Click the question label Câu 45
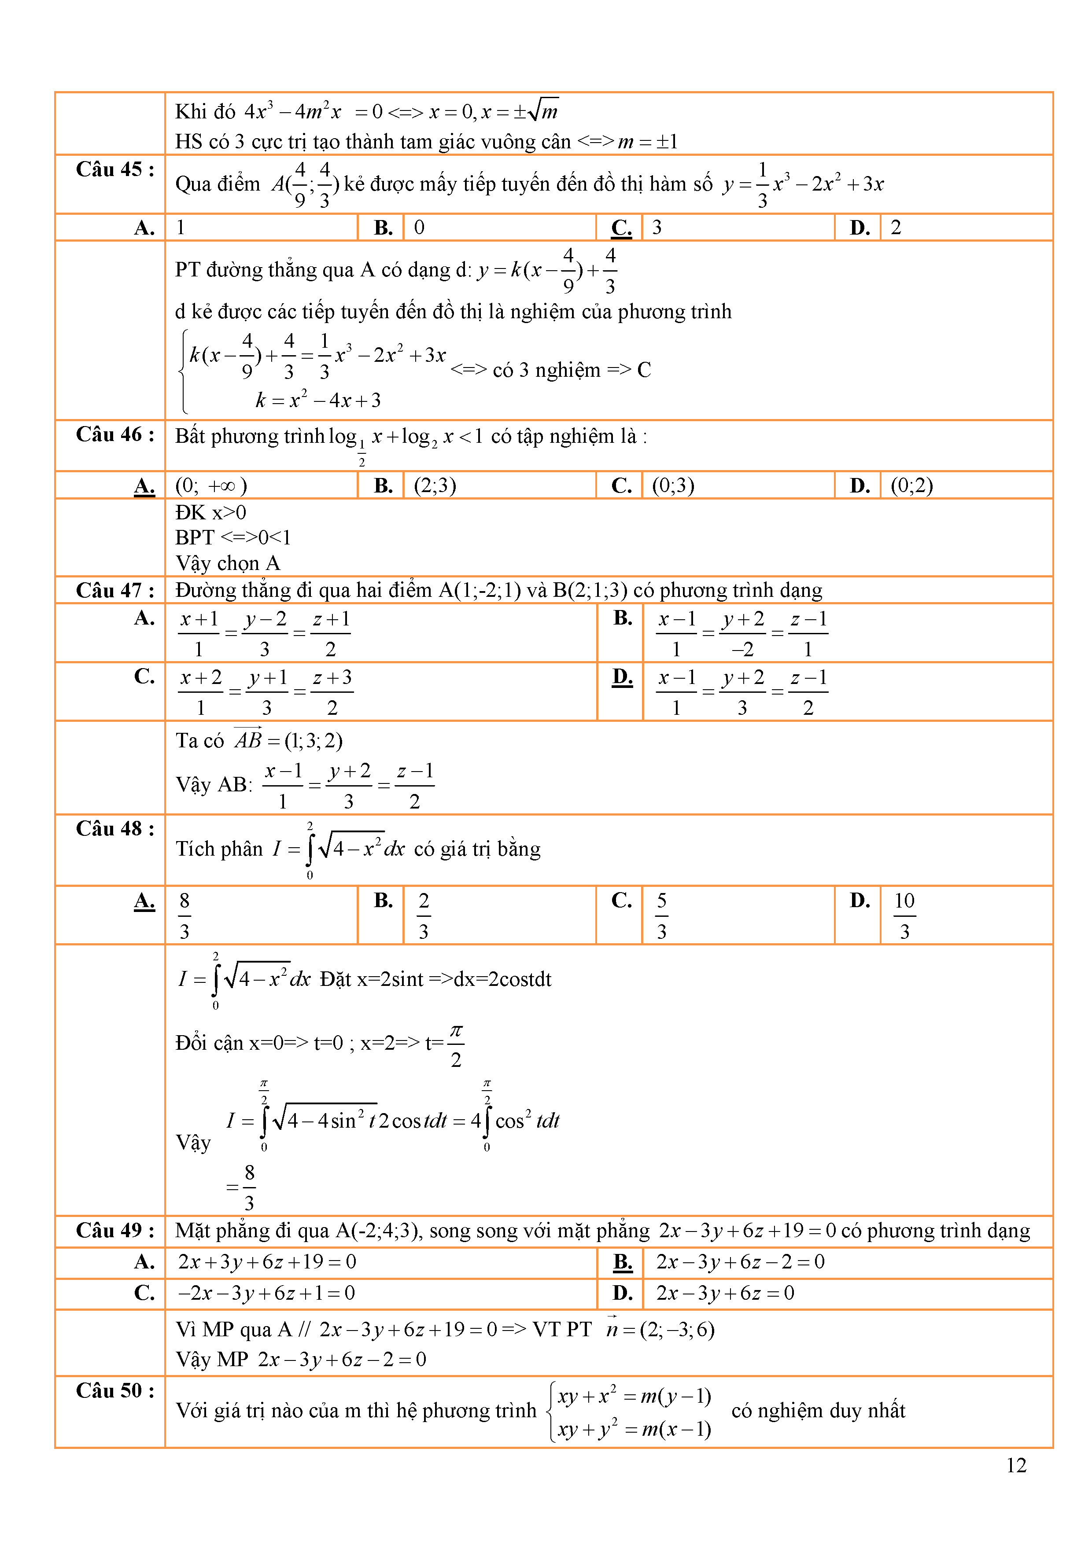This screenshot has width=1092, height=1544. pyautogui.click(x=114, y=169)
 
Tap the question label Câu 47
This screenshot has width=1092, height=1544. pyautogui.click(x=114, y=590)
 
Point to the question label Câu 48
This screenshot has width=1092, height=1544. pyautogui.click(x=114, y=828)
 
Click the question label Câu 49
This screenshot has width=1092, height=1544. pyautogui.click(x=114, y=1231)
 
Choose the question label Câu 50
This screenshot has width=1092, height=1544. pyautogui.click(x=114, y=1390)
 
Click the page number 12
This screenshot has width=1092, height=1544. pyautogui.click(x=1016, y=1465)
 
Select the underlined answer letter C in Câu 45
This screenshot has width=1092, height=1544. pyautogui.click(x=621, y=228)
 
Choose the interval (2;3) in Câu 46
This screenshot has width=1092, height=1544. pyautogui.click(x=435, y=485)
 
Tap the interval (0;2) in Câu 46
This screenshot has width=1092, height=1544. pyautogui.click(x=911, y=485)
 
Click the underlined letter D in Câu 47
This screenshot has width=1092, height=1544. pyautogui.click(x=622, y=676)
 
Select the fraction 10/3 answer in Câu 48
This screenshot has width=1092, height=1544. pyautogui.click(x=904, y=915)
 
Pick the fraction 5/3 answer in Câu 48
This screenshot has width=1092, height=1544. pyautogui.click(x=661, y=915)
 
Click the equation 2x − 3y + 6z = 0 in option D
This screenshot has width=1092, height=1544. pyautogui.click(x=725, y=1293)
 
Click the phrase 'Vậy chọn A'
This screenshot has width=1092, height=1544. pyautogui.click(x=227, y=563)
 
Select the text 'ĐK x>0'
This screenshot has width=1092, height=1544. pyautogui.click(x=210, y=512)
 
